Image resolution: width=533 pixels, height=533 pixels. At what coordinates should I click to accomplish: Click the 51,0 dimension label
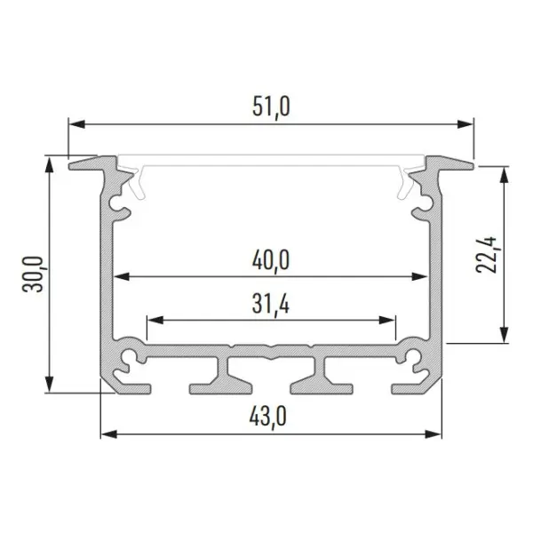[271, 107]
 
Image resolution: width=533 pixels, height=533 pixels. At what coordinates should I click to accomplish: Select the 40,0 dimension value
[271, 260]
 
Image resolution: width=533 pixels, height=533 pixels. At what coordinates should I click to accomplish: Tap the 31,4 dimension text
[271, 304]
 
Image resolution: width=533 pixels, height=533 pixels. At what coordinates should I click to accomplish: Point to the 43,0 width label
[268, 417]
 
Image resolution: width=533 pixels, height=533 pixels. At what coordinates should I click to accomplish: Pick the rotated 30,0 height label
[33, 274]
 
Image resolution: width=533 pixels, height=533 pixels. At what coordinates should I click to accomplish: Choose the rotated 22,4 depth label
[486, 255]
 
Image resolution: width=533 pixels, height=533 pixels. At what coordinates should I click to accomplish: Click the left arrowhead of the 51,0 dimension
[76, 124]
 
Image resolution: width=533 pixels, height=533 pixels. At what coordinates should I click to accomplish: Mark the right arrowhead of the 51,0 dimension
[465, 124]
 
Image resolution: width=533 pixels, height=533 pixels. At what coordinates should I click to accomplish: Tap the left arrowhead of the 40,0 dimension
[122, 276]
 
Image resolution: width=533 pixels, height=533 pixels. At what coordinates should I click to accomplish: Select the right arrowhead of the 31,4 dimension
[387, 320]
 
